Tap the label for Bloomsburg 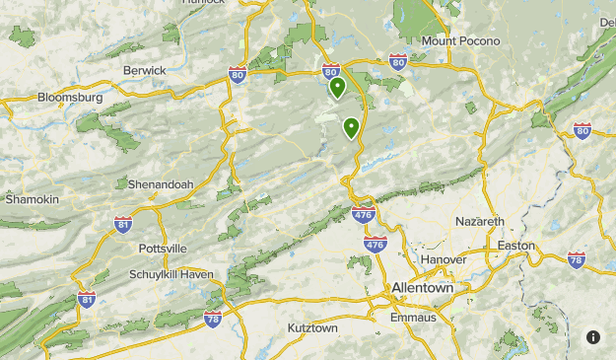tap(70, 98)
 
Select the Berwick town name tap(144, 70)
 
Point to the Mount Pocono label tap(460, 40)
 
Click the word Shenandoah tap(161, 183)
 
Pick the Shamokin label tap(33, 199)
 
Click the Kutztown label tap(312, 326)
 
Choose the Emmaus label tap(412, 317)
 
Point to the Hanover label tap(443, 258)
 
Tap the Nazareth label tap(480, 221)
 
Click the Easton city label tap(516, 245)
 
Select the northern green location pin tap(337, 88)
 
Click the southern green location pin tap(351, 127)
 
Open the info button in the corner tap(593, 336)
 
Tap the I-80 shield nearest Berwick tap(237, 74)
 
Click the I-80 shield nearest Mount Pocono tap(397, 62)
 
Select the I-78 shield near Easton tap(577, 260)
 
